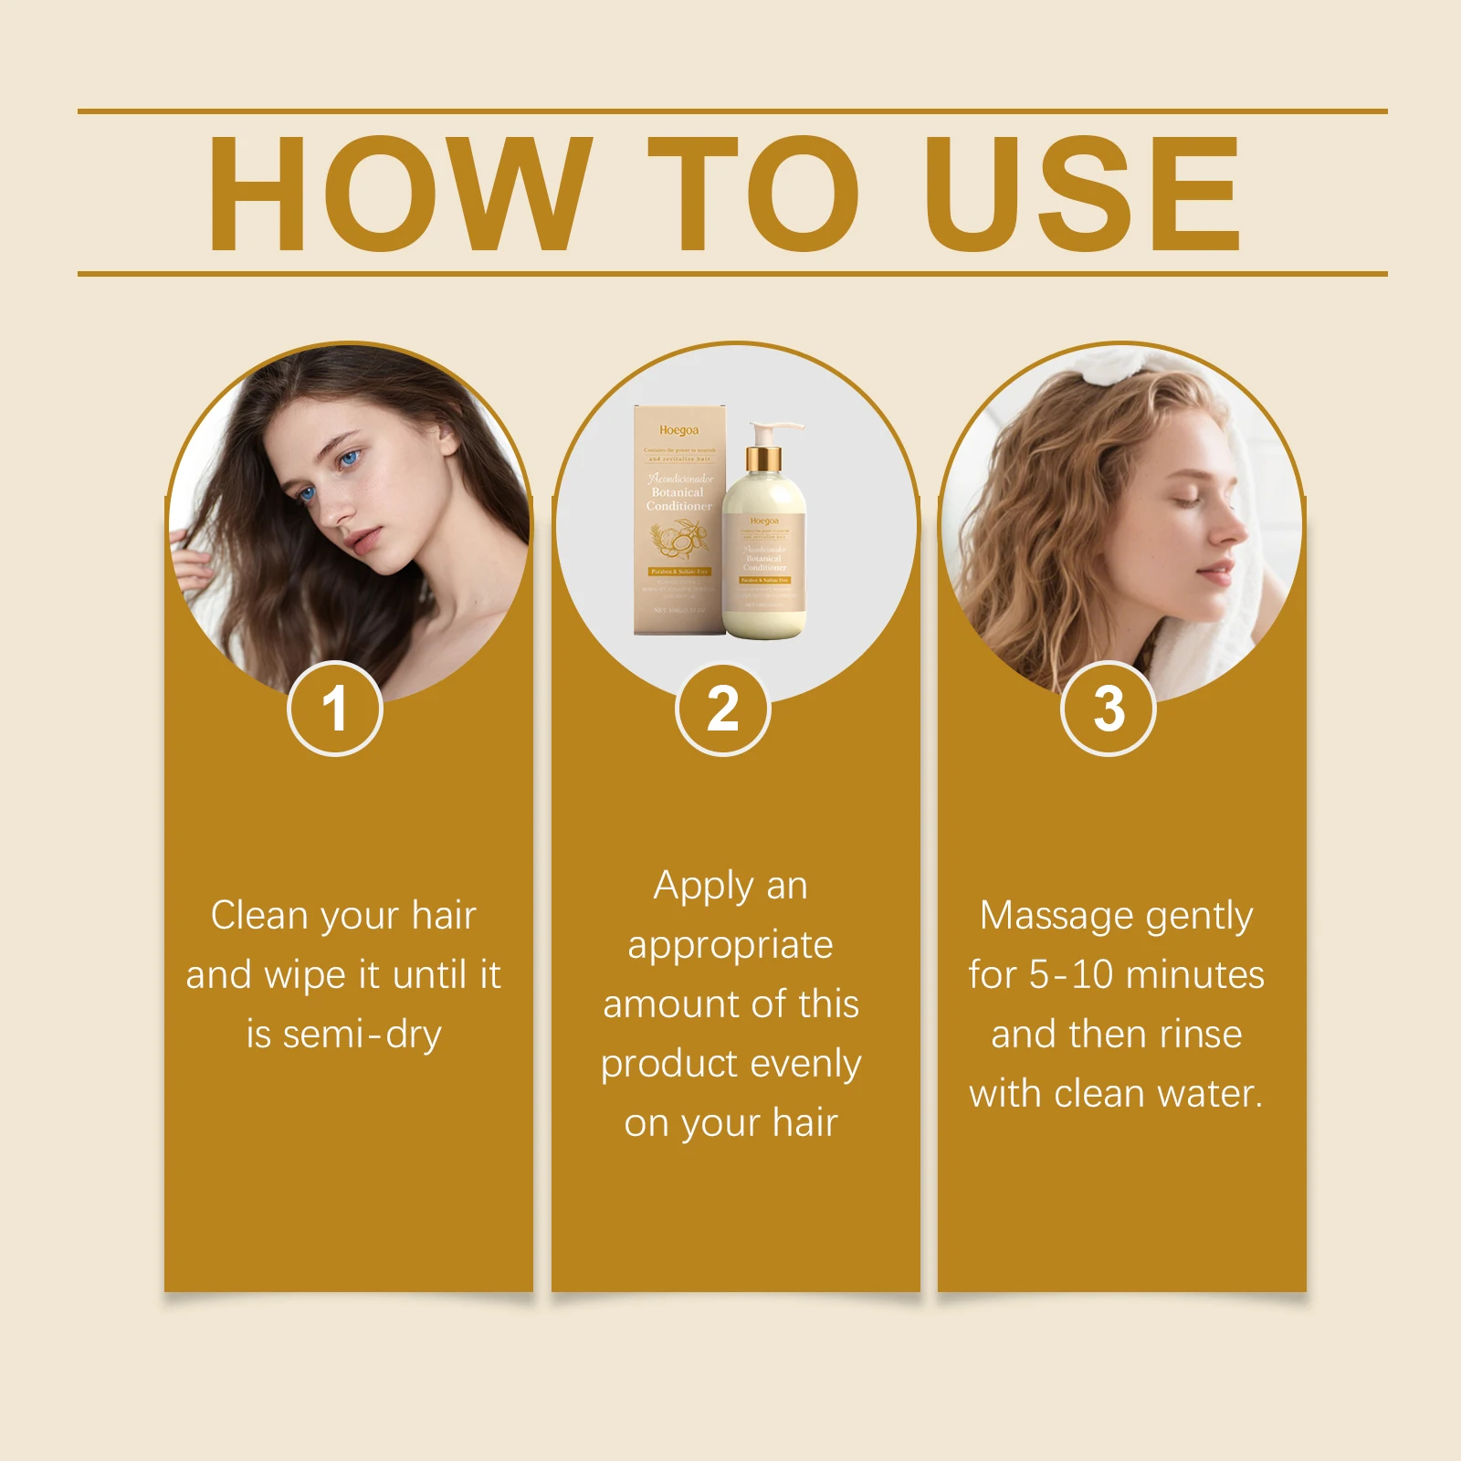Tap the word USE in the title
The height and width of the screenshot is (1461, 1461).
pos(1082,194)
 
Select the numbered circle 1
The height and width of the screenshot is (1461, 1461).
pos(335,709)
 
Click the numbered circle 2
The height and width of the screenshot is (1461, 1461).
pos(723,709)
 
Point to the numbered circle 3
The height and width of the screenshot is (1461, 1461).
pos(1109,709)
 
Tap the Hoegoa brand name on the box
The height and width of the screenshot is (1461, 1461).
pos(678,430)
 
